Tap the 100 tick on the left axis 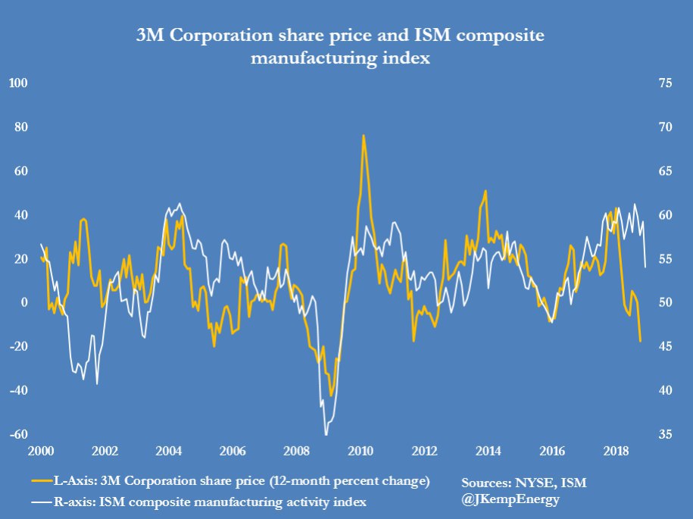click(x=17, y=82)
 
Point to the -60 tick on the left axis click(x=18, y=434)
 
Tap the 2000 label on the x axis click(x=41, y=452)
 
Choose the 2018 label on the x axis click(x=616, y=452)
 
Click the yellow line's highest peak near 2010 click(x=364, y=136)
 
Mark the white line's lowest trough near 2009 click(x=326, y=434)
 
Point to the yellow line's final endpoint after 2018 click(x=641, y=341)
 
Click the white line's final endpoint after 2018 click(x=645, y=267)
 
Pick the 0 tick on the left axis click(x=24, y=302)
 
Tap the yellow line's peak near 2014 click(x=485, y=191)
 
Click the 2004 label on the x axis click(x=168, y=452)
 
